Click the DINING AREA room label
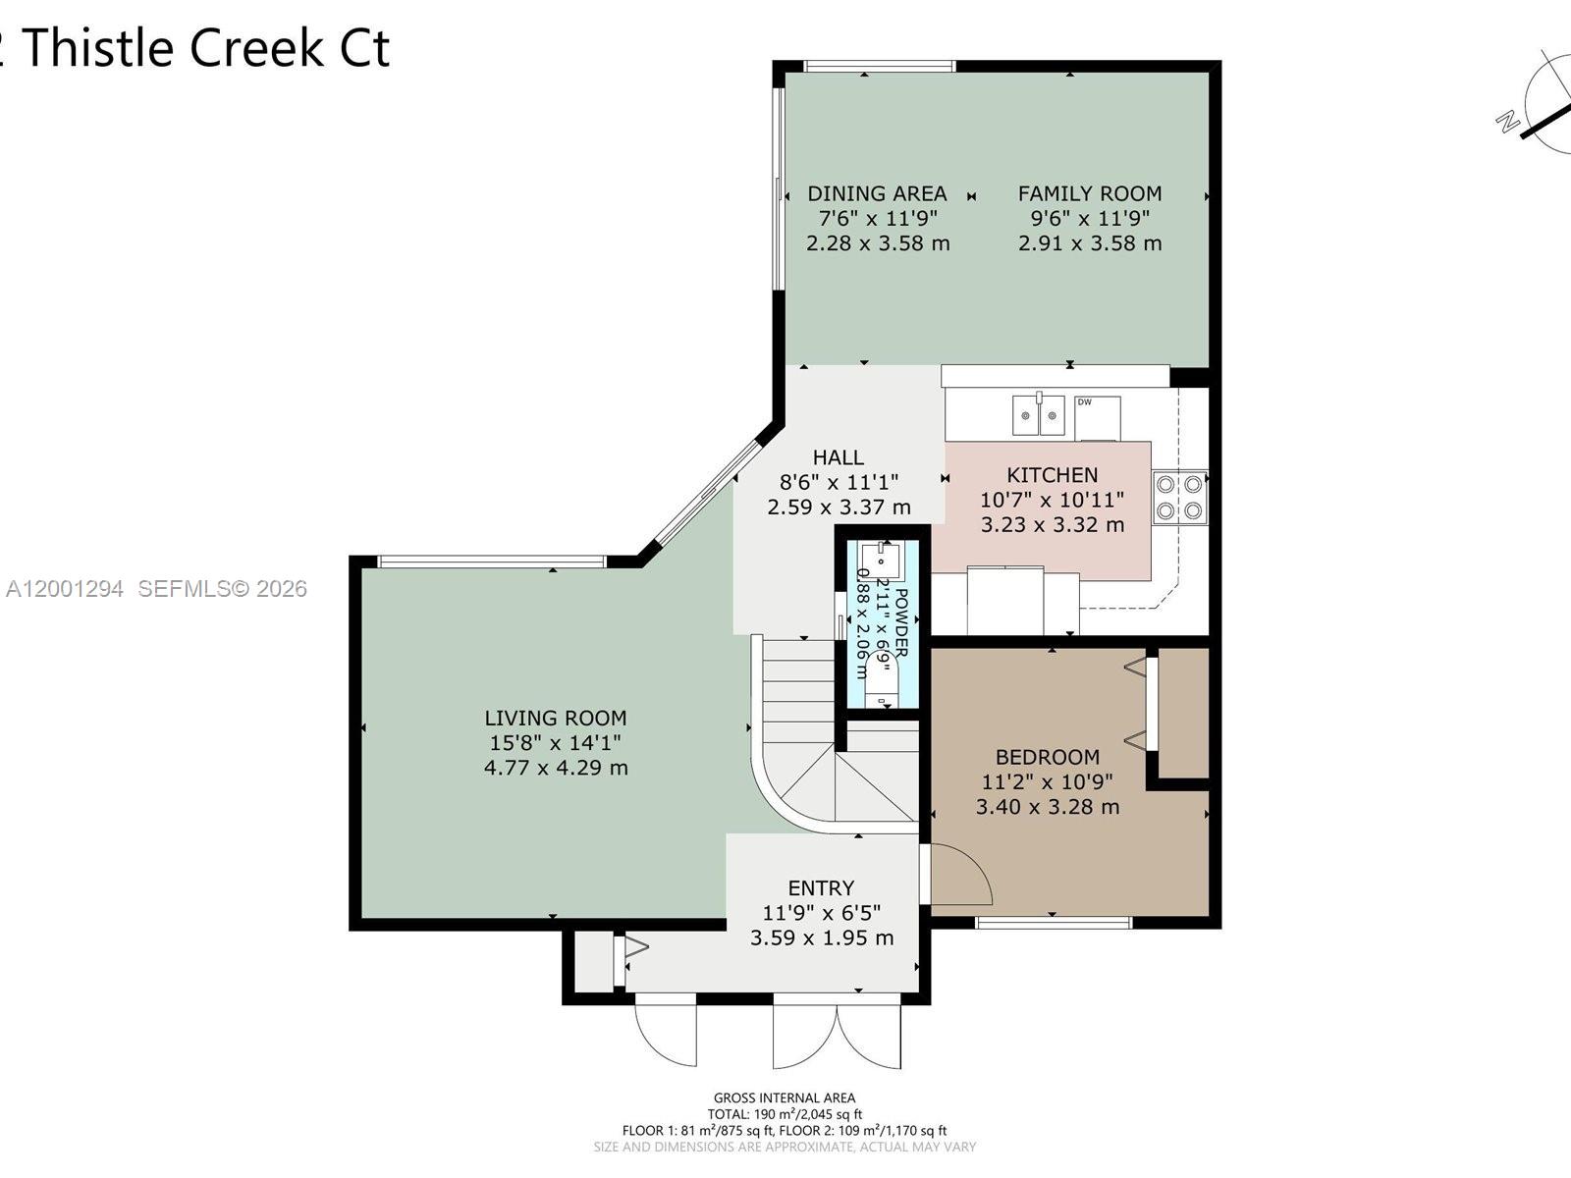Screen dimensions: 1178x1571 (x=877, y=194)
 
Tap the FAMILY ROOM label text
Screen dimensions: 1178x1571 (x=1089, y=194)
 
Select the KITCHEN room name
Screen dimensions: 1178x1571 (x=1052, y=475)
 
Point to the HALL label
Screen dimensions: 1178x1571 (x=838, y=457)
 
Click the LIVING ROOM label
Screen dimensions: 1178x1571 (x=555, y=719)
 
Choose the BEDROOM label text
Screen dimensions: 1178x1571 (x=1047, y=757)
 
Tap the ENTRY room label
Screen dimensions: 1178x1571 (x=821, y=888)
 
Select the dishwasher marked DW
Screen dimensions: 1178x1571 (x=1097, y=417)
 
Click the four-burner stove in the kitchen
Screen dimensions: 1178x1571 (x=1179, y=497)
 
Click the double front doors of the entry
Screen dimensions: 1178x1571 (x=837, y=1033)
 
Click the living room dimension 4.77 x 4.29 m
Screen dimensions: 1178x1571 (x=555, y=768)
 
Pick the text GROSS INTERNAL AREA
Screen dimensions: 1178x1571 (x=784, y=1098)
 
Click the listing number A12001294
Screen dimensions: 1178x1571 (x=65, y=589)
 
